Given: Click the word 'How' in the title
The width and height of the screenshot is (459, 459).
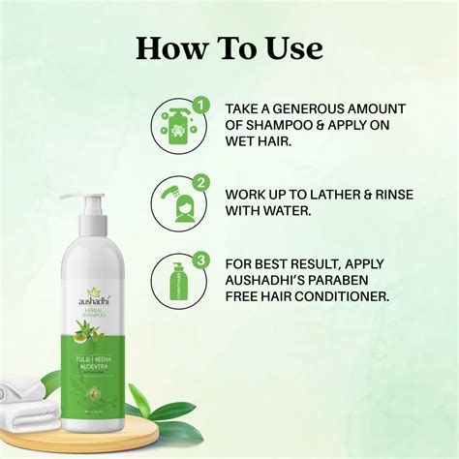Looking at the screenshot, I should point(167,47).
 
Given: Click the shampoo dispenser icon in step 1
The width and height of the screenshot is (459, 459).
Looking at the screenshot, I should point(175,127).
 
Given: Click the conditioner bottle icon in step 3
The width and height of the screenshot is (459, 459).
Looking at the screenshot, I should point(176,280).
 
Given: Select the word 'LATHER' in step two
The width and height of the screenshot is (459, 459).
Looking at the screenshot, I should point(334,194).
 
